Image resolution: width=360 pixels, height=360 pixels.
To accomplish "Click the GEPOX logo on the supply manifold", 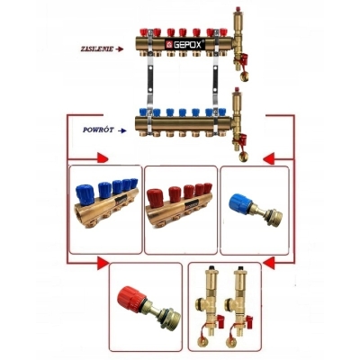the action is pos(184,44).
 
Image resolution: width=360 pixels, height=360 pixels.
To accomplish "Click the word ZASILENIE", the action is pos(97,49).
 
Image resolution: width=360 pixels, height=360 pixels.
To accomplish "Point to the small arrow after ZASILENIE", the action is pos(120,49).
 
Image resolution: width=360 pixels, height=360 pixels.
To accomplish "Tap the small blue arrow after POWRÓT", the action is pos(122,130).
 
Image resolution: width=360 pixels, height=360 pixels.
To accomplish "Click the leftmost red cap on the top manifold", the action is pos(144,32).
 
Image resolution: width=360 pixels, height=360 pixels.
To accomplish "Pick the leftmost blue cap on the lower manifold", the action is pos(144,112).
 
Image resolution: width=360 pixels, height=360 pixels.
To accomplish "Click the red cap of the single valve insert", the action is pos(129,298).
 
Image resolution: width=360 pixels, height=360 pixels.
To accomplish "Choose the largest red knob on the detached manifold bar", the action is pos(156,197).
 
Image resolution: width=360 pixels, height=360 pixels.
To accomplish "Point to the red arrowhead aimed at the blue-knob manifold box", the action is pos(103,157).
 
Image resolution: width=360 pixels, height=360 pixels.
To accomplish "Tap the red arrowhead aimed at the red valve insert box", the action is pos(103,264).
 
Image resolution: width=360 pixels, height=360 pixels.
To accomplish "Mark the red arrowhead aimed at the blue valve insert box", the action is pos(269,158).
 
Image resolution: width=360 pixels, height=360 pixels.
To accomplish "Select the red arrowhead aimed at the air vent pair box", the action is pos(269,263).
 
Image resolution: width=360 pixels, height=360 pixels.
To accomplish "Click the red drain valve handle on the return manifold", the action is pos(242,139).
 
